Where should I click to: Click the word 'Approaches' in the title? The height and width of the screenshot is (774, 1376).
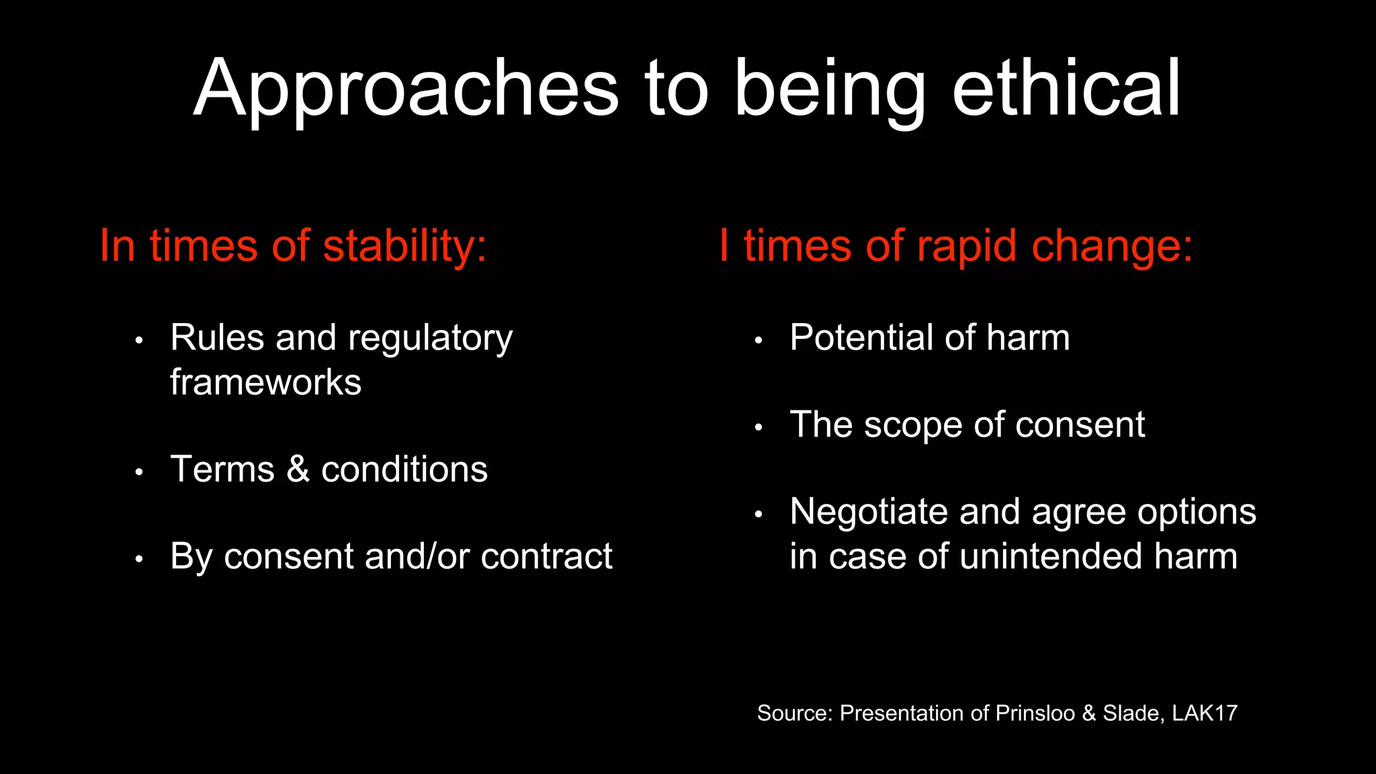click(406, 91)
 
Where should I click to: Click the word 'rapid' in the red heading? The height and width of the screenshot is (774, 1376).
click(967, 247)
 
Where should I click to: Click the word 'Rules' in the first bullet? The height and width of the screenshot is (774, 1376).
click(216, 337)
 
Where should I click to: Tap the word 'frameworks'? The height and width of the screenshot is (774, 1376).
click(265, 383)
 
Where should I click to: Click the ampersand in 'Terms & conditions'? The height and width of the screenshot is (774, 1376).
click(298, 469)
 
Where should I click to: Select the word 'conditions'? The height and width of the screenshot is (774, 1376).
click(404, 469)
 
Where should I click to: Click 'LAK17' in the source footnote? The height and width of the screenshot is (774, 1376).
click(1205, 713)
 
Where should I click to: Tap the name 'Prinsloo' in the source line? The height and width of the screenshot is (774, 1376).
click(1035, 713)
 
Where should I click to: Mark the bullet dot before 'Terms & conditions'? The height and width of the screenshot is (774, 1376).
click(139, 472)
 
